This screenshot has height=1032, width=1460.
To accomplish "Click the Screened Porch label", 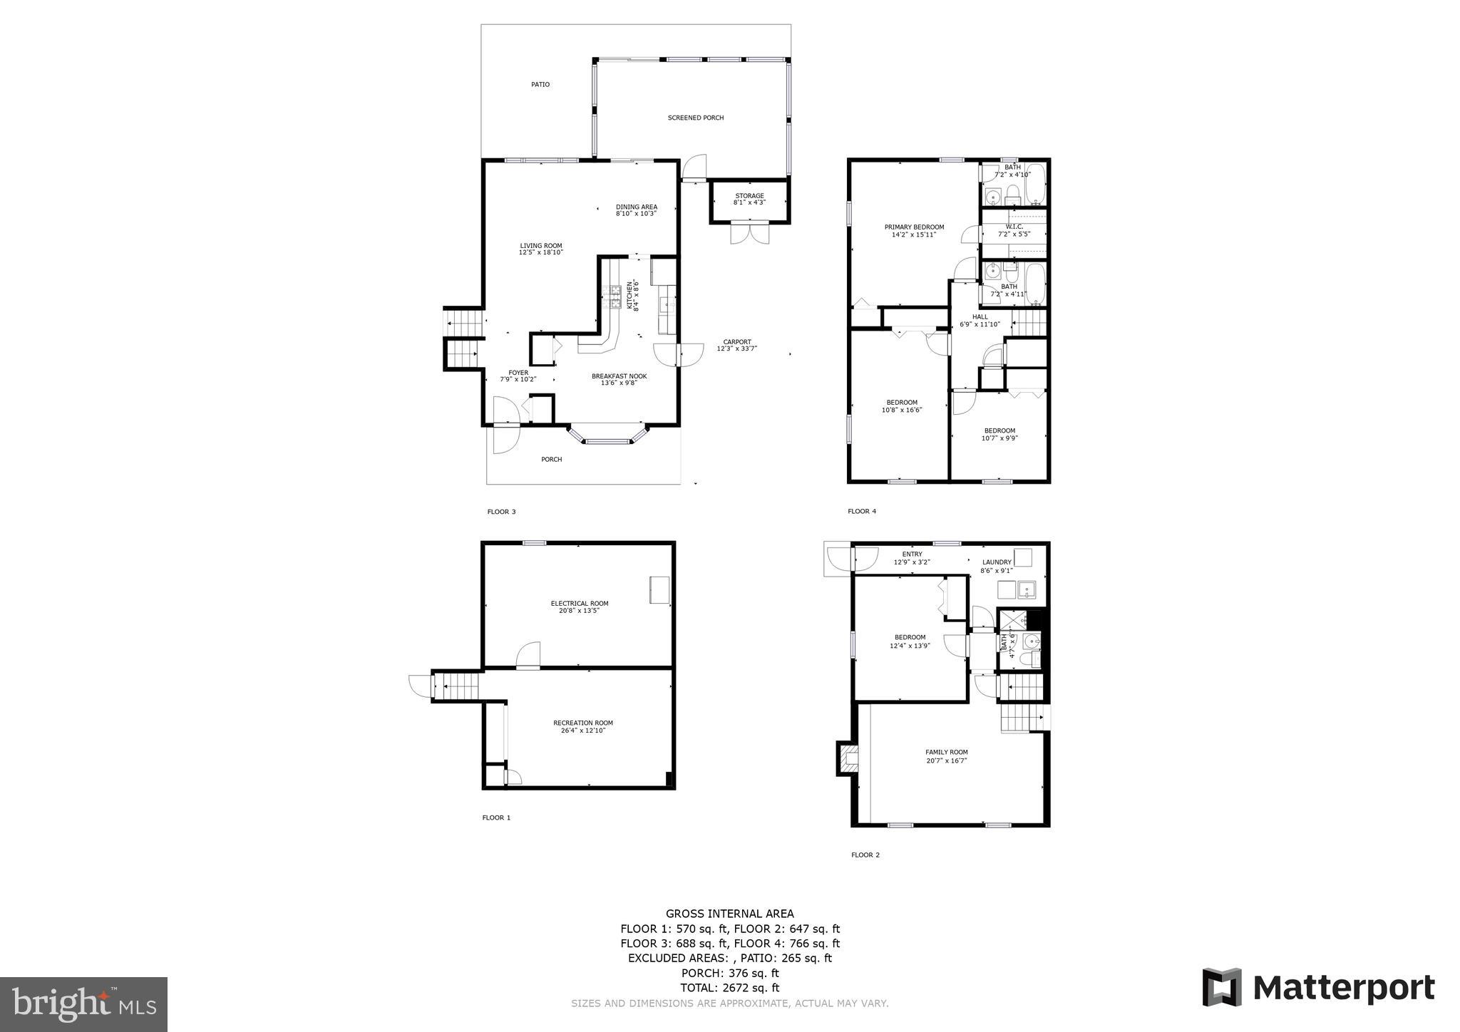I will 695,118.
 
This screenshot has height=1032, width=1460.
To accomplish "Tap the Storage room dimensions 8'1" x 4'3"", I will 749,202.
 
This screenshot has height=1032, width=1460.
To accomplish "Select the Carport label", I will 736,341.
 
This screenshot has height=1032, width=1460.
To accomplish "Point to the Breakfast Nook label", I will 619,376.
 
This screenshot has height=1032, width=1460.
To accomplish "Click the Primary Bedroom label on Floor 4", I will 914,227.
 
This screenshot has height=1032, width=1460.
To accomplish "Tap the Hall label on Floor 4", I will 980,316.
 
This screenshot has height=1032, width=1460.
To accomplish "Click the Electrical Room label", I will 579,603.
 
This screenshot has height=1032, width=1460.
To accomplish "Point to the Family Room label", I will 946,752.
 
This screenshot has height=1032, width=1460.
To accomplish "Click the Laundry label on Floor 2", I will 996,562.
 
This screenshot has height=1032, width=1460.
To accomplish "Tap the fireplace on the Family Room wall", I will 847,758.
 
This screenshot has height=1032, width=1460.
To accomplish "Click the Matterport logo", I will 1318,988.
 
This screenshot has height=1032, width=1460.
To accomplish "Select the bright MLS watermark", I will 83,1005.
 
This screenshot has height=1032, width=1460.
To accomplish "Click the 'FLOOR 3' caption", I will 500,512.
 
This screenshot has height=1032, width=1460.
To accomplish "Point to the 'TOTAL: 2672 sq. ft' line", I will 729,988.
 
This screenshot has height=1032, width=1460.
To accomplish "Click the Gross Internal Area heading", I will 729,914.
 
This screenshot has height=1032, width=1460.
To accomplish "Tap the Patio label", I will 540,84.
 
